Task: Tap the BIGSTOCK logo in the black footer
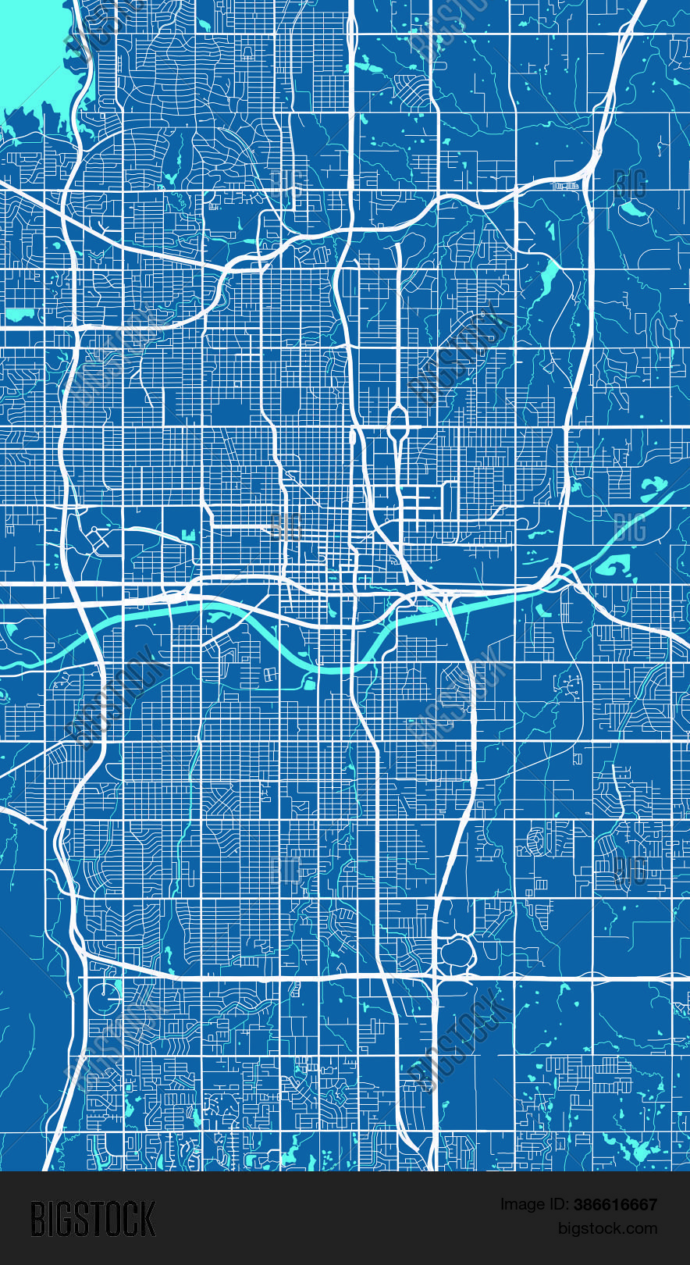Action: tap(93, 1219)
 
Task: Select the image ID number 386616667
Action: tap(615, 1205)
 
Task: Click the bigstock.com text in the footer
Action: tap(607, 1228)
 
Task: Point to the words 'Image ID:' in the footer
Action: tap(534, 1205)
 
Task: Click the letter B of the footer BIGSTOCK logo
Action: tap(37, 1219)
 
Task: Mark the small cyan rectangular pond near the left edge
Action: tap(20, 315)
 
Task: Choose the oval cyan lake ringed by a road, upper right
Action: tap(633, 208)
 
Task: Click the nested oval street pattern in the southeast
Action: tap(539, 840)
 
